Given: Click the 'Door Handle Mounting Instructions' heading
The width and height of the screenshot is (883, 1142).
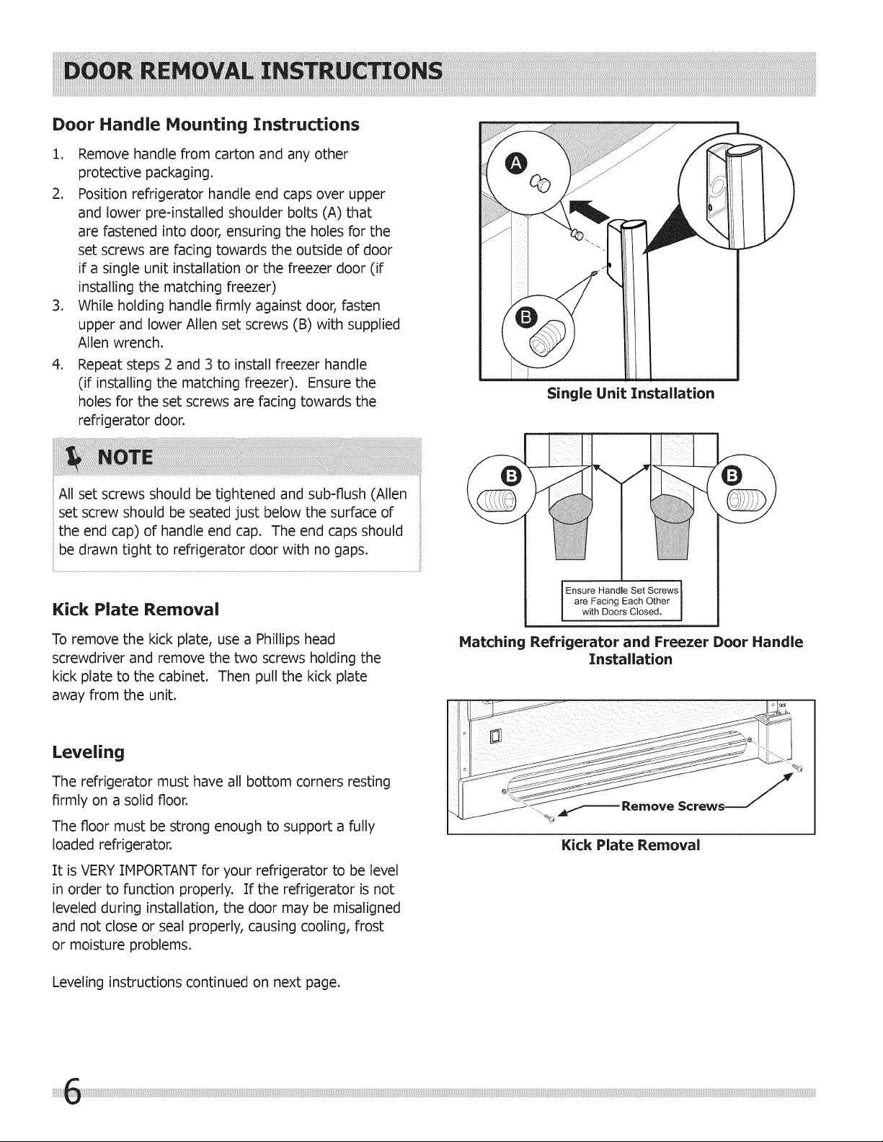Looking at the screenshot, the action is [206, 125].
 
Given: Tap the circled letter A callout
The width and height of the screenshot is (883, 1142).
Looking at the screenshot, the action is [515, 164].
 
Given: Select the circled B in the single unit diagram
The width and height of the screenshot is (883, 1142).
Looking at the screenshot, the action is [526, 318].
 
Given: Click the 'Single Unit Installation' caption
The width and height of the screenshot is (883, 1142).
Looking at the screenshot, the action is [631, 393].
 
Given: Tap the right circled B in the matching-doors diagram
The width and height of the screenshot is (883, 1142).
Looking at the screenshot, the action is [732, 476].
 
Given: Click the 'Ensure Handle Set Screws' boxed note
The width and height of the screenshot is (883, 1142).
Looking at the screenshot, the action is [622, 601].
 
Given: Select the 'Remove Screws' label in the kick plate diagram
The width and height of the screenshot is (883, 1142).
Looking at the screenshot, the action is [673, 806].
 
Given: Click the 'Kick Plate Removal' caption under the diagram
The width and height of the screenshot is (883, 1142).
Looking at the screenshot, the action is [631, 845].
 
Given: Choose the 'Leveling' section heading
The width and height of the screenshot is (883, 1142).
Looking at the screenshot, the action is [88, 753].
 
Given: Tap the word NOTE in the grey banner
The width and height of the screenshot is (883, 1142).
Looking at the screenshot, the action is [125, 458].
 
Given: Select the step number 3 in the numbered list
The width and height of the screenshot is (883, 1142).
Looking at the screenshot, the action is [58, 306].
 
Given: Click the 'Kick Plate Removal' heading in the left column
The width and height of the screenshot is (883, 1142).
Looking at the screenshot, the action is [136, 610].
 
